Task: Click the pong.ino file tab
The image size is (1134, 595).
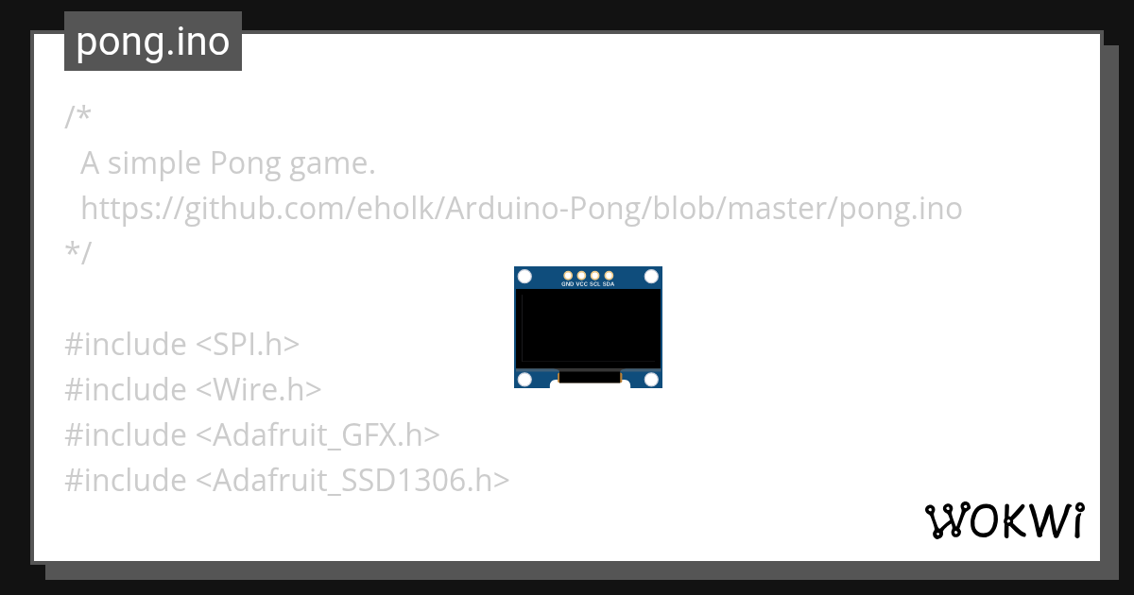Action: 152,42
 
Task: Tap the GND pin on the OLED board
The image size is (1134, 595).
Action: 567,275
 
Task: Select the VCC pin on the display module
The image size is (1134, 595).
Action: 581,275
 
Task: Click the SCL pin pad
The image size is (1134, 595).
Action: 594,275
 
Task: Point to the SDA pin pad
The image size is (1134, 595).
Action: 609,275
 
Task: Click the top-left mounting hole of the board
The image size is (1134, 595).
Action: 525,277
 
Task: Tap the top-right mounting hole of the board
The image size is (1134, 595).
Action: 651,277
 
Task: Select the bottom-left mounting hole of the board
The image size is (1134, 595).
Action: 525,379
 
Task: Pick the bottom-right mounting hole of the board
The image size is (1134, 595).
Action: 651,379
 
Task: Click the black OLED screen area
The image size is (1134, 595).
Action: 588,328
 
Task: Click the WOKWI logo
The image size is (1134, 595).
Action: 1005,521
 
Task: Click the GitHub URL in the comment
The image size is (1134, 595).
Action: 521,209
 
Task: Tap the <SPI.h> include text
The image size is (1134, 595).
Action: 247,345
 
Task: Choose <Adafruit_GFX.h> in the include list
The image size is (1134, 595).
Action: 318,435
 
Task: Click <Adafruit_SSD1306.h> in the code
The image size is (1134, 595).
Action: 352,481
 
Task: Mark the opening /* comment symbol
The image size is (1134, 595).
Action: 77,118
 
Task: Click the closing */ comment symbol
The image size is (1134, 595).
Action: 77,254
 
